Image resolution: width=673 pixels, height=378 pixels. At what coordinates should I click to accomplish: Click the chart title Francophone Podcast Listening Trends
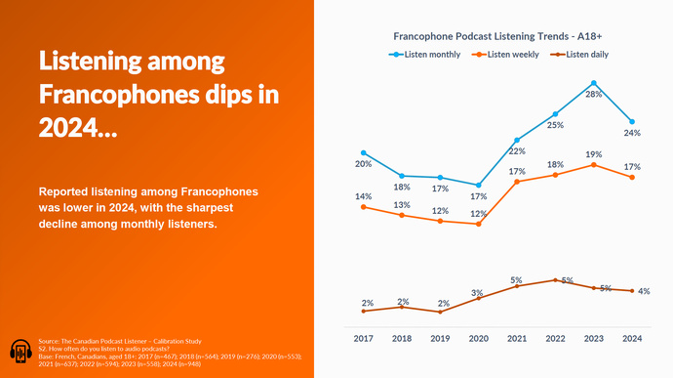click(x=497, y=35)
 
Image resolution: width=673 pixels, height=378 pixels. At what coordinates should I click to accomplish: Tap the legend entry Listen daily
click(x=591, y=54)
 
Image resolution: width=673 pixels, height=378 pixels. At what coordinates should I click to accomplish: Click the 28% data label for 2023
click(x=594, y=95)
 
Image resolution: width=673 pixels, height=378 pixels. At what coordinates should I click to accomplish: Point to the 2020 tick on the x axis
click(x=478, y=338)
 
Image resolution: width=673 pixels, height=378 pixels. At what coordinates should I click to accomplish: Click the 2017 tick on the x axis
click(x=363, y=338)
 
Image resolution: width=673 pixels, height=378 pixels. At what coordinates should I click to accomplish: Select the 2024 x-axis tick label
click(x=632, y=338)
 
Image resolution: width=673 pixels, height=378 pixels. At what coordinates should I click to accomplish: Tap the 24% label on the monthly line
click(x=632, y=133)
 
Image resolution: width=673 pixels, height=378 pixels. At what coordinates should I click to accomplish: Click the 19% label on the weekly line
click(x=594, y=154)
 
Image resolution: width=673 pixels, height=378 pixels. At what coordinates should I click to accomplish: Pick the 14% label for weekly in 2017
click(x=363, y=196)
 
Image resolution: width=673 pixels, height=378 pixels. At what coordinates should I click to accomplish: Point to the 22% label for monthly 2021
click(x=517, y=151)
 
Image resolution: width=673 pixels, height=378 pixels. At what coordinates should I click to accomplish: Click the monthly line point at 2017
click(x=363, y=152)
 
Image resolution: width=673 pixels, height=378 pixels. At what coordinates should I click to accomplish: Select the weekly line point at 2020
click(x=478, y=224)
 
